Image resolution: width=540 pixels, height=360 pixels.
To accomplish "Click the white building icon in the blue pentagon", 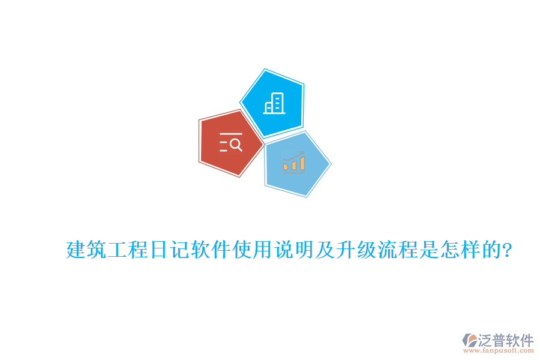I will pyautogui.click(x=274, y=103).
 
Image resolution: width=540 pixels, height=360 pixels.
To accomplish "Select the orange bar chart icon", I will pyautogui.click(x=294, y=163).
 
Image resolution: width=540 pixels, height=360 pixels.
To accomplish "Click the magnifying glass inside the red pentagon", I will pyautogui.click(x=236, y=144).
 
